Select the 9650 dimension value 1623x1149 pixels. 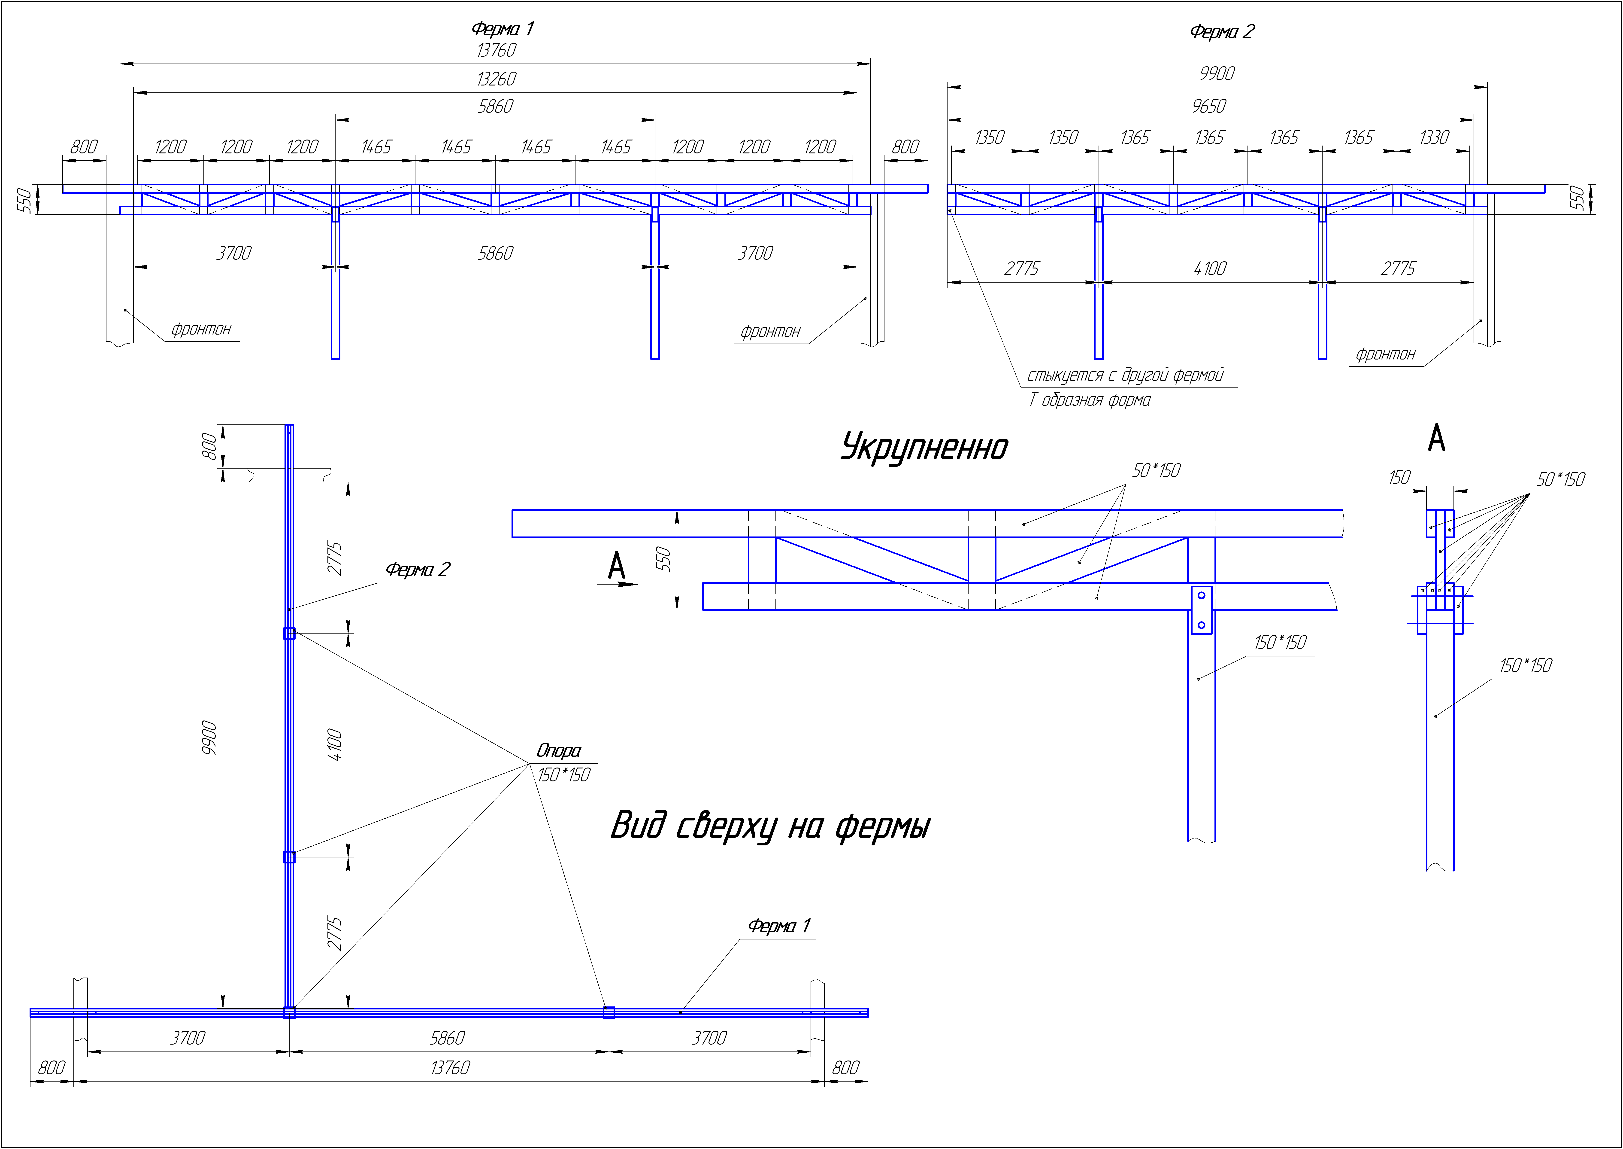pos(1208,106)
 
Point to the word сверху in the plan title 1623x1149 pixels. pos(725,826)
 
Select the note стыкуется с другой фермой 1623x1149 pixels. pos(1124,375)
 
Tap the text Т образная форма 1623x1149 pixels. pos(1089,400)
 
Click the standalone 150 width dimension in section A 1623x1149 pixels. pos(1399,478)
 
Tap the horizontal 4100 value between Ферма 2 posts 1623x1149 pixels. pos(1210,269)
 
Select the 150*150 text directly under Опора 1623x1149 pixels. pos(564,775)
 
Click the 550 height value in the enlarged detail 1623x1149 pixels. pos(663,559)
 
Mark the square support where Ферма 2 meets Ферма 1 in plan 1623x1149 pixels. pos(289,1012)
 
